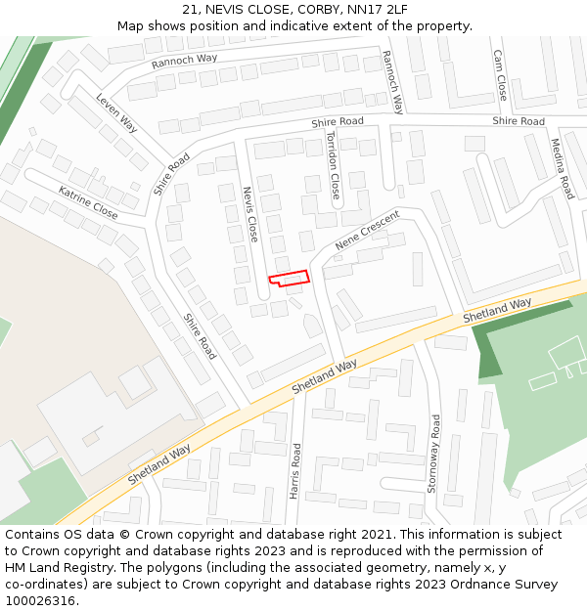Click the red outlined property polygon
click(x=290, y=278)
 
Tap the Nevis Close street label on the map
click(x=251, y=214)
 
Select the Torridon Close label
click(x=333, y=164)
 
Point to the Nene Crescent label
click(x=368, y=230)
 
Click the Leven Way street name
click(x=116, y=112)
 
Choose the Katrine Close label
click(x=88, y=202)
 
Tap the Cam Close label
click(x=501, y=76)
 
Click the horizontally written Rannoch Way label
click(x=184, y=61)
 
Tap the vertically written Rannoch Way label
click(x=392, y=82)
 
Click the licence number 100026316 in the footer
click(x=41, y=601)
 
